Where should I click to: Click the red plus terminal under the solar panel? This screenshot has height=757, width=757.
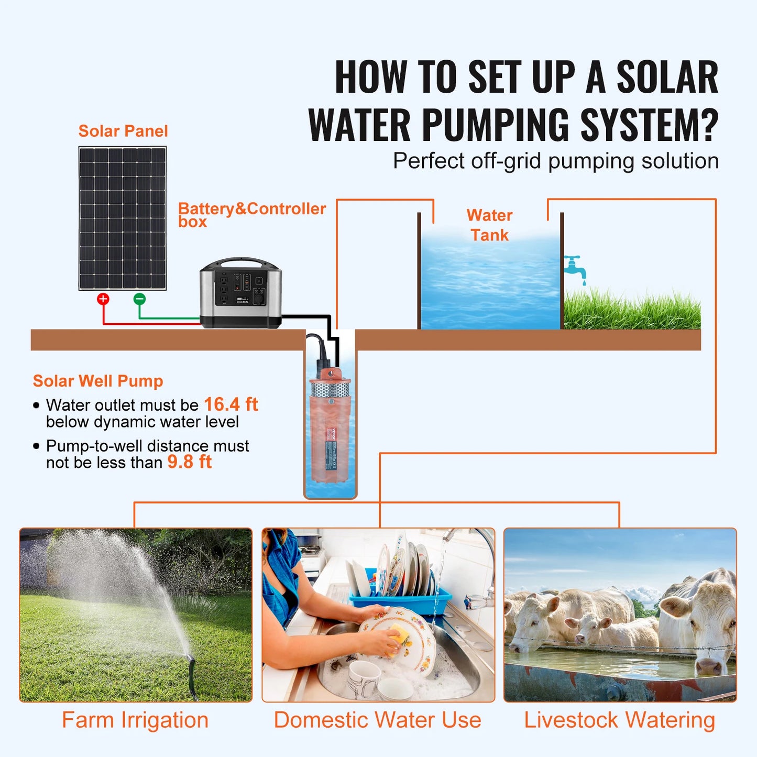pos(103,299)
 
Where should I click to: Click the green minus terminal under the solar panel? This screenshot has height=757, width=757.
pos(139,299)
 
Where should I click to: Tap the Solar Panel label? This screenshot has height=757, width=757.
pos(123,131)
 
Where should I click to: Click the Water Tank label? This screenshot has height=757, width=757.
pos(489,225)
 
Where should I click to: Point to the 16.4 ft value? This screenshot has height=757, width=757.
pos(231,404)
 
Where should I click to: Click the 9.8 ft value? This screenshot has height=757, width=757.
pos(190,462)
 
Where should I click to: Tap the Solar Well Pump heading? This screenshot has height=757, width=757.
pos(98,381)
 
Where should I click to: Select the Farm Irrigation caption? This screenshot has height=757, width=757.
pos(135,720)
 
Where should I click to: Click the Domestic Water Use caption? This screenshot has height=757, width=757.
pos(377,720)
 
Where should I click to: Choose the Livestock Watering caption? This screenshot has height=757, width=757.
pos(620,720)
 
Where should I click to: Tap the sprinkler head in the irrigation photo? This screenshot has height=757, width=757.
pos(191,661)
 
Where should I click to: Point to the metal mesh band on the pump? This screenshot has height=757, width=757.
pos(330,389)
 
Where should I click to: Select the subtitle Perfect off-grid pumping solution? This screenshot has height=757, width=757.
pos(555,161)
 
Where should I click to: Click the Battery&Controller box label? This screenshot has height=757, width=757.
pos(251,214)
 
